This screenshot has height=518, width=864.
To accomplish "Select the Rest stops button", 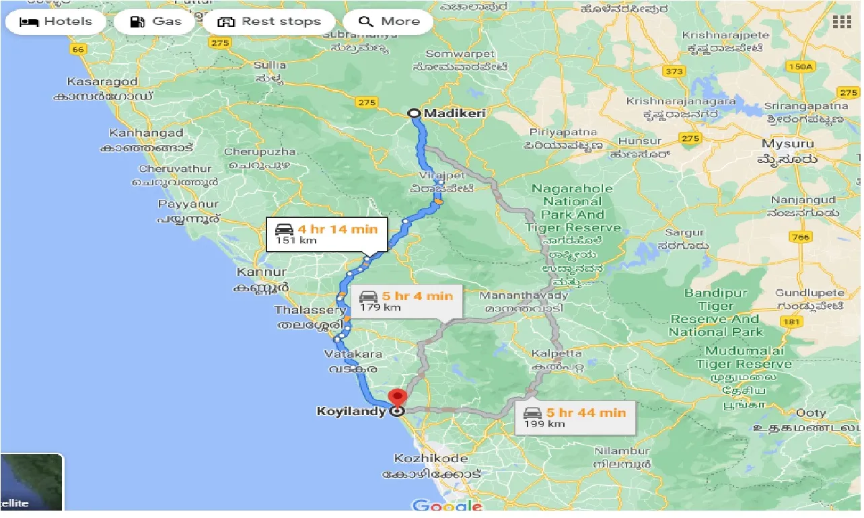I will coord(269,22).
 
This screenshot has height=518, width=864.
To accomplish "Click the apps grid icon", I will coord(842,22).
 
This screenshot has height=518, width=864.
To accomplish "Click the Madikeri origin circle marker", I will coord(414,114).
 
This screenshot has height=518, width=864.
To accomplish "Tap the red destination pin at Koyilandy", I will coord(398,398).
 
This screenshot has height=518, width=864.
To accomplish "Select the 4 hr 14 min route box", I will coord(327,234).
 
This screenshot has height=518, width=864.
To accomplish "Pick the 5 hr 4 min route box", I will coord(406,301).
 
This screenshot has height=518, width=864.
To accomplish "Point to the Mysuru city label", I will coord(788,143).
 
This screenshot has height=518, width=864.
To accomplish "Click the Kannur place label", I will coord(262,272).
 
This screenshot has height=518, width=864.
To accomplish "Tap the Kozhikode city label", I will coord(431,459).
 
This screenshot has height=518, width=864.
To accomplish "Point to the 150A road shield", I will coord(801,67).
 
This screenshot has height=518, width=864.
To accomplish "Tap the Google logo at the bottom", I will coord(447,506).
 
